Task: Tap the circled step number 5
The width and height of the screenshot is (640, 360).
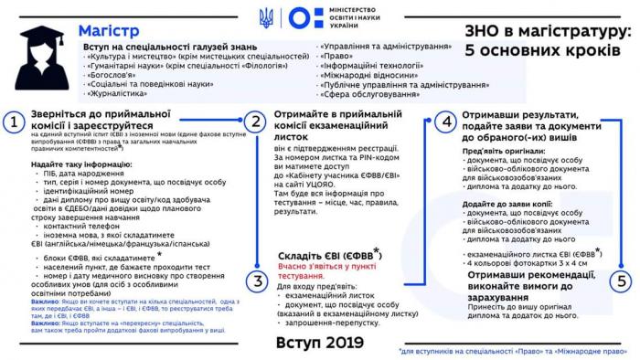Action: [621, 281]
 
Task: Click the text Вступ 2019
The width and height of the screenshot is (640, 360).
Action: [319, 342]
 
